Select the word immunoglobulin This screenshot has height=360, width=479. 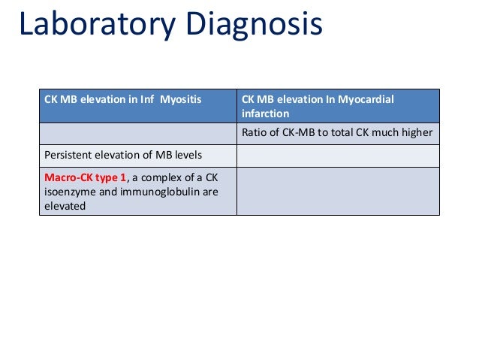tap(161, 189)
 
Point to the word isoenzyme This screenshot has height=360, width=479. tap(72, 189)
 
